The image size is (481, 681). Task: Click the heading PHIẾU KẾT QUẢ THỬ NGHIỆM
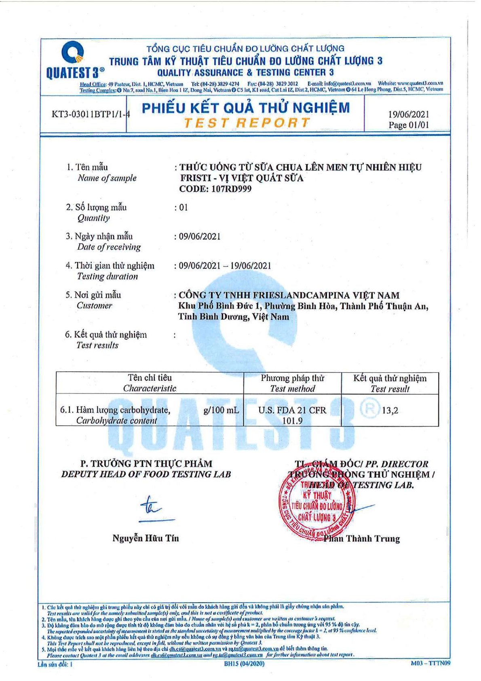246,108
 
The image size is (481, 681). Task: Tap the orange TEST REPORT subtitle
247,123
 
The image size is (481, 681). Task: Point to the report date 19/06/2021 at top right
408,114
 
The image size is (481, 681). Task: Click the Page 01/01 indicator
408,125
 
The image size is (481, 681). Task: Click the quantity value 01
184,207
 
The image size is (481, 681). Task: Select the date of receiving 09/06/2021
200,237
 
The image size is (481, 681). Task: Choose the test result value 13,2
390,410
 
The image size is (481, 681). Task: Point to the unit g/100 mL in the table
221,410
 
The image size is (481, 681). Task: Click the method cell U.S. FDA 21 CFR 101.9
292,415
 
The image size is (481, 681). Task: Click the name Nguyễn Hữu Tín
146,538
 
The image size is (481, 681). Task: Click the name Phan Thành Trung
361,539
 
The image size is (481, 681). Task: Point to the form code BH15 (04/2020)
244,664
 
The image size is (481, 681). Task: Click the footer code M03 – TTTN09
430,663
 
